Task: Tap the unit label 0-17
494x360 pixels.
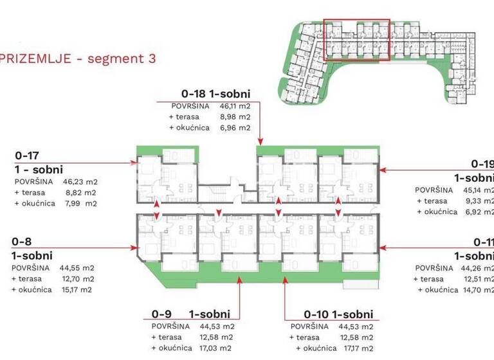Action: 26,156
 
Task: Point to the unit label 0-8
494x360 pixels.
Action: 22,242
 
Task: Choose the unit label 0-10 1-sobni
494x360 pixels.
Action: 338,314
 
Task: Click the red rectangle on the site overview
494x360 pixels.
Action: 356,39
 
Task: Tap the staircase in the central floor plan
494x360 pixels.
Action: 213,192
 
